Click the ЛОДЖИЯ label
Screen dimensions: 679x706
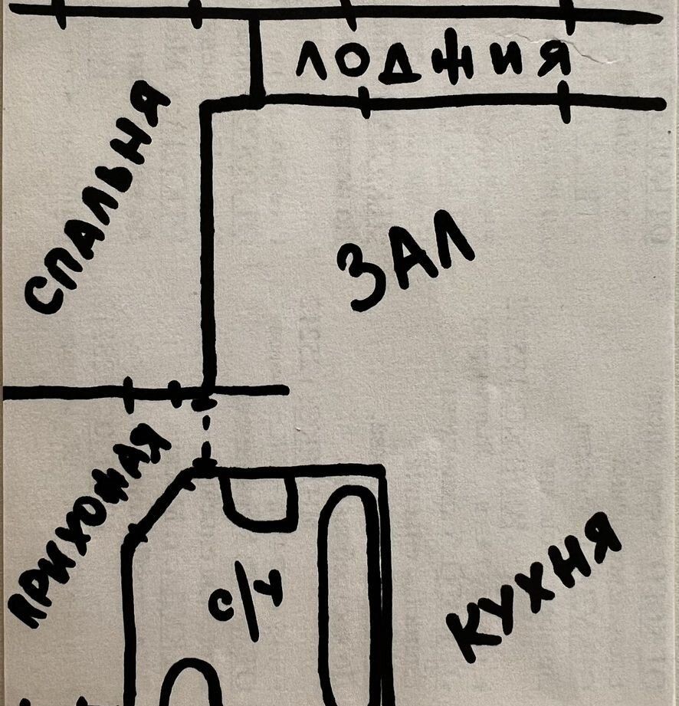click(433, 61)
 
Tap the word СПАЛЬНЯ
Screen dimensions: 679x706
click(97, 198)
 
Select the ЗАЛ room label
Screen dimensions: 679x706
click(405, 261)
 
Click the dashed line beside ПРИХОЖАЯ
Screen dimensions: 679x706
click(206, 430)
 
